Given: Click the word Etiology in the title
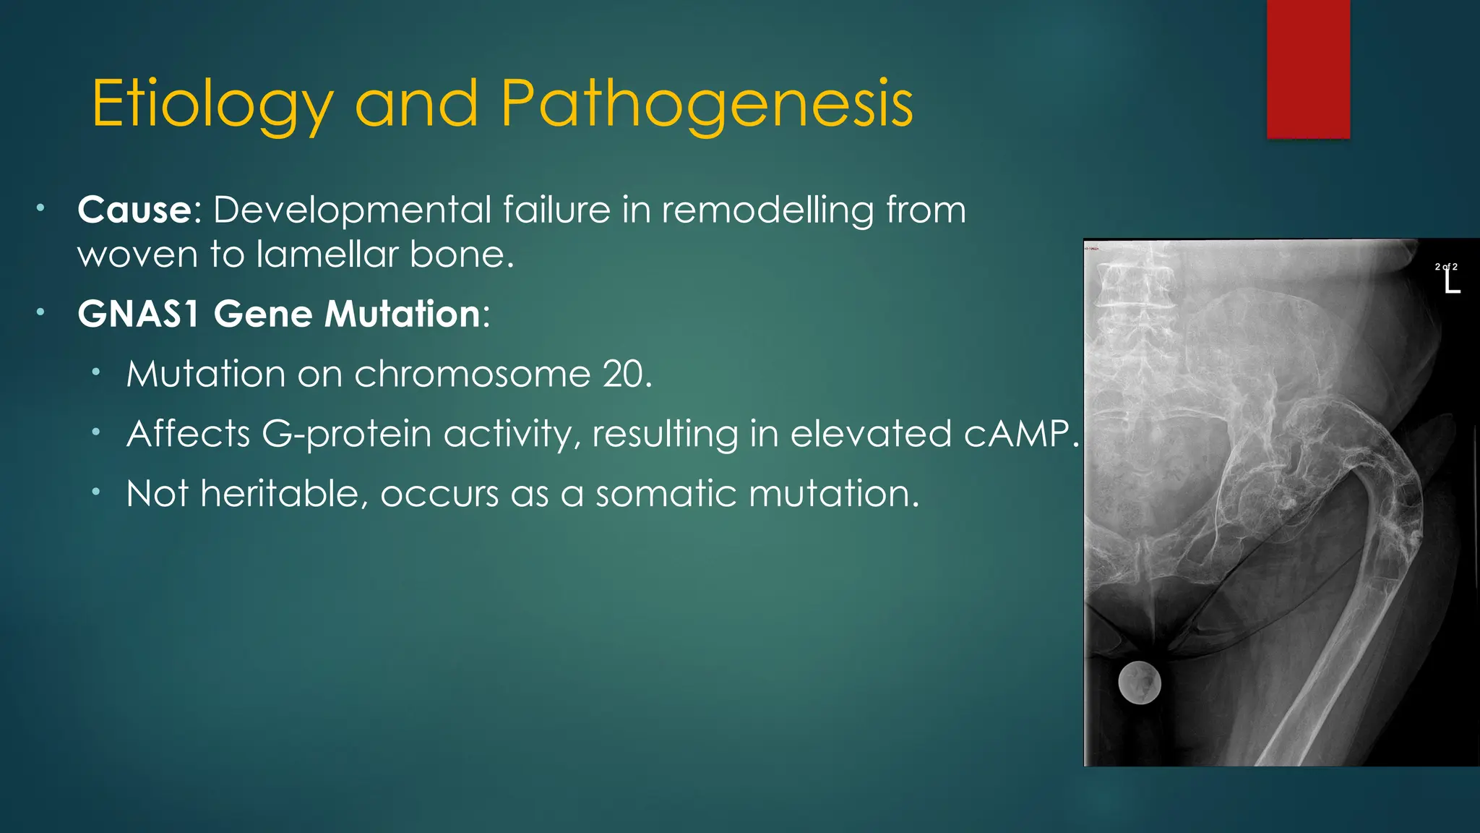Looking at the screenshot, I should [x=212, y=105].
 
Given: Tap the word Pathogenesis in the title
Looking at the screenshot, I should [x=706, y=105].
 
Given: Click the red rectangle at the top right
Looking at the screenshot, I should [x=1308, y=69].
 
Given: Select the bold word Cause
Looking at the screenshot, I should [x=134, y=210].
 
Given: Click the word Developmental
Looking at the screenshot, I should [x=353, y=210].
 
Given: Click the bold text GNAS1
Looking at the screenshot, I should [x=138, y=314].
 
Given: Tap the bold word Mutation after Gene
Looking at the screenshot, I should [x=403, y=314].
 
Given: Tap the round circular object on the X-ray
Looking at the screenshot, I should [x=1140, y=683].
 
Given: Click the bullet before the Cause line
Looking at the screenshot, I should [x=41, y=210].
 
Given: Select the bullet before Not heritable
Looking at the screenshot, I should [x=95, y=493].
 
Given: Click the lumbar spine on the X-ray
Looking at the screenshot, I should [x=1131, y=311].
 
